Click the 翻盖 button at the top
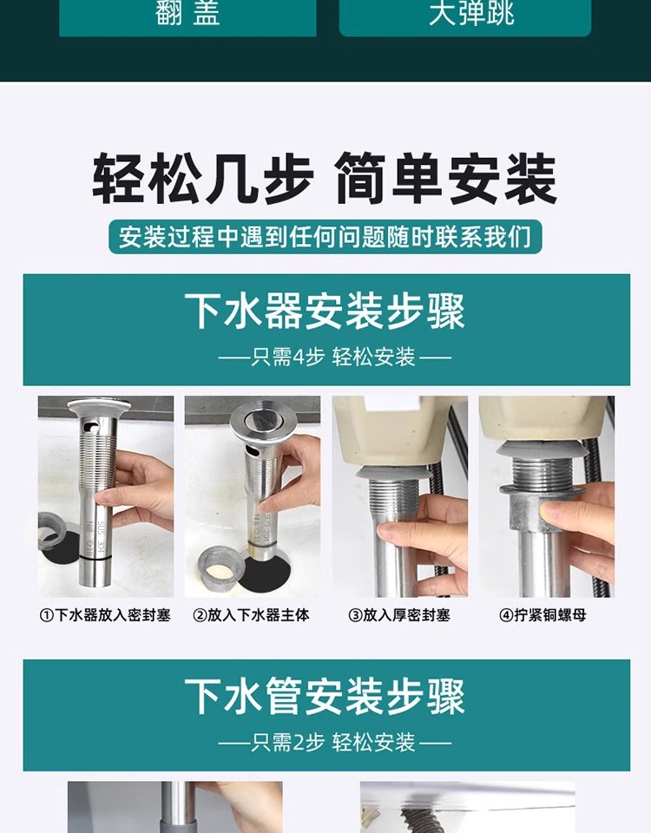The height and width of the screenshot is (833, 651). click(x=187, y=16)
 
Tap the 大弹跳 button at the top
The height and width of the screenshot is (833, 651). click(x=465, y=16)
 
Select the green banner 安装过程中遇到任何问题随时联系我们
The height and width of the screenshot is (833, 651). click(x=325, y=236)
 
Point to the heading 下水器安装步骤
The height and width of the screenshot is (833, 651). click(x=325, y=312)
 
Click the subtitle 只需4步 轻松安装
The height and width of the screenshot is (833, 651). click(x=333, y=357)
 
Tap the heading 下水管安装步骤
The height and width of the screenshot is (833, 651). click(x=325, y=697)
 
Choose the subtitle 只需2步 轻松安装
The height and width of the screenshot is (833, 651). click(x=334, y=742)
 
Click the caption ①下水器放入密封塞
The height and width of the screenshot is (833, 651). click(x=105, y=615)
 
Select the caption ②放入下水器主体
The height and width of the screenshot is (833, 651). click(x=251, y=615)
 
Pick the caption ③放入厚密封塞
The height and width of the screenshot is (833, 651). click(x=399, y=615)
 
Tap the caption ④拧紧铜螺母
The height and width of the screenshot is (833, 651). click(x=542, y=615)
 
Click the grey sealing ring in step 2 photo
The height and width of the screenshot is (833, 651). click(x=220, y=567)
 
